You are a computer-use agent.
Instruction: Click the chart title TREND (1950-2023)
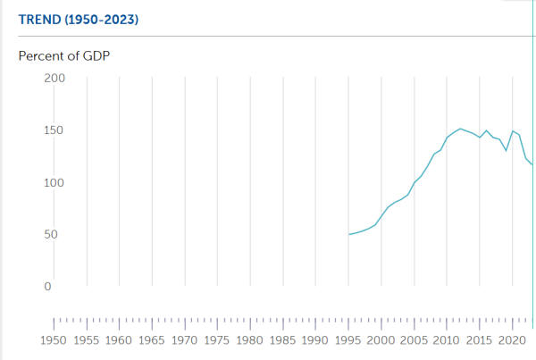pyautogui.click(x=79, y=19)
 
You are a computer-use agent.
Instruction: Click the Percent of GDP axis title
pyautogui.click(x=70, y=55)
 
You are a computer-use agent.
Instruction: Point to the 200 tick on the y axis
pyautogui.click(x=54, y=78)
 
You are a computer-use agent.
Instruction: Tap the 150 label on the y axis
pyautogui.click(x=54, y=130)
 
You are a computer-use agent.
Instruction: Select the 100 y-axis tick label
pyautogui.click(x=54, y=182)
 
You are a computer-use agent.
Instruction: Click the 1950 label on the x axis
pyautogui.click(x=54, y=340)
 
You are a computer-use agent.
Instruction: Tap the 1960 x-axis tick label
pyautogui.click(x=119, y=340)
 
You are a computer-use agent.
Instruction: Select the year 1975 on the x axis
pyautogui.click(x=217, y=340)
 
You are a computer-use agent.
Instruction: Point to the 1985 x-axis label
pyautogui.click(x=282, y=340)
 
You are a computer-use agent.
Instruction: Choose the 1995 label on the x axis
pyautogui.click(x=348, y=340)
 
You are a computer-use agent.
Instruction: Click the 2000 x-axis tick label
pyautogui.click(x=381, y=340)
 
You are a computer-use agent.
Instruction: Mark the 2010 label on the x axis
pyautogui.click(x=447, y=340)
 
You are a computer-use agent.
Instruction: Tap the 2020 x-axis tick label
pyautogui.click(x=512, y=340)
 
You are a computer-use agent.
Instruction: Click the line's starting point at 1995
pyautogui.click(x=349, y=235)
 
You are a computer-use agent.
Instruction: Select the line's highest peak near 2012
pyautogui.click(x=460, y=129)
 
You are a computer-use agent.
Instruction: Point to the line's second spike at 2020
pyautogui.click(x=513, y=131)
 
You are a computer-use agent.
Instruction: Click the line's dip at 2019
pyautogui.click(x=507, y=150)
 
